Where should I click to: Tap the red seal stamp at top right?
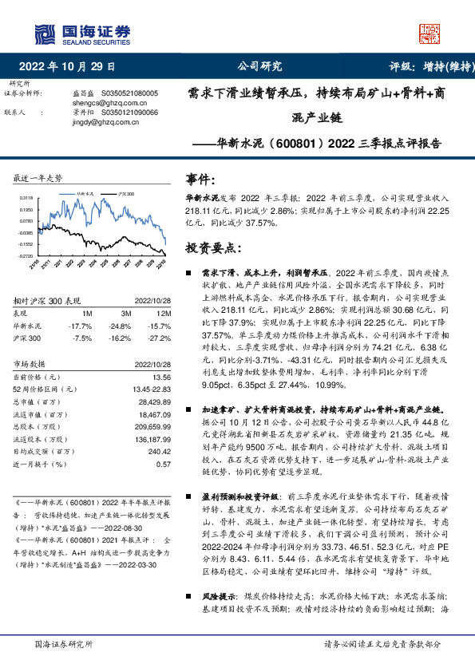tap(430, 33)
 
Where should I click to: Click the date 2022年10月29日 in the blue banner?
tap(67, 66)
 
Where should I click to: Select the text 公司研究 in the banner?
tap(259, 66)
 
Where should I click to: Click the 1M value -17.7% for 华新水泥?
tap(81, 326)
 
